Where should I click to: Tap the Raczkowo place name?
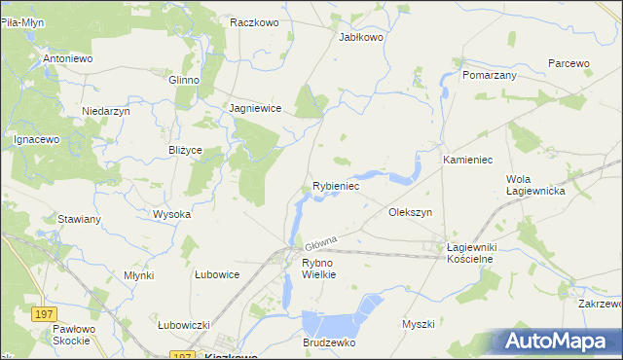point(255,20)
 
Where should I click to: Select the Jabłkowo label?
point(360,36)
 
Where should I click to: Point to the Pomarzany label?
point(490,74)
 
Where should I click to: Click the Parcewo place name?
point(568,62)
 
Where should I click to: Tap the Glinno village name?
point(183,80)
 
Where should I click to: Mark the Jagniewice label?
point(255,109)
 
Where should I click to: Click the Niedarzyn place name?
point(106,111)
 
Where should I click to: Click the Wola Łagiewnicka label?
point(535,185)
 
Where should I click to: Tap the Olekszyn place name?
point(410,211)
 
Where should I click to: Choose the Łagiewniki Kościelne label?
point(470,253)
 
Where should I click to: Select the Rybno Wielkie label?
point(318,269)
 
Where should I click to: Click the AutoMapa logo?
point(559,342)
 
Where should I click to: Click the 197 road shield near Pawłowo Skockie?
point(42,314)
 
